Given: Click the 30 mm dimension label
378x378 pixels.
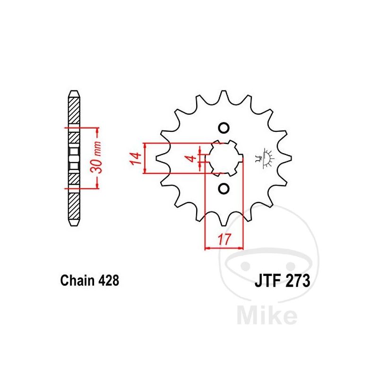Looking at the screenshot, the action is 96,157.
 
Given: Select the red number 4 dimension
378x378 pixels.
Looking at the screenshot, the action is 192,158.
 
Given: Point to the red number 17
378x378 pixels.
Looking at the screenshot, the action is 224,239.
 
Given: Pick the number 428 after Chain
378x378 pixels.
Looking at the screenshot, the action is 109,280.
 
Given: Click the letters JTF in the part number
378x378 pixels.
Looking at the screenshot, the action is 267,280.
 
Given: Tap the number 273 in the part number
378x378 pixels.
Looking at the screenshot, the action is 297,280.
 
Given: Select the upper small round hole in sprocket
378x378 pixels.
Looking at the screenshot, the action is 223,128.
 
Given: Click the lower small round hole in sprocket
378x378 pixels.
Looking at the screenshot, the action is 223,188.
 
